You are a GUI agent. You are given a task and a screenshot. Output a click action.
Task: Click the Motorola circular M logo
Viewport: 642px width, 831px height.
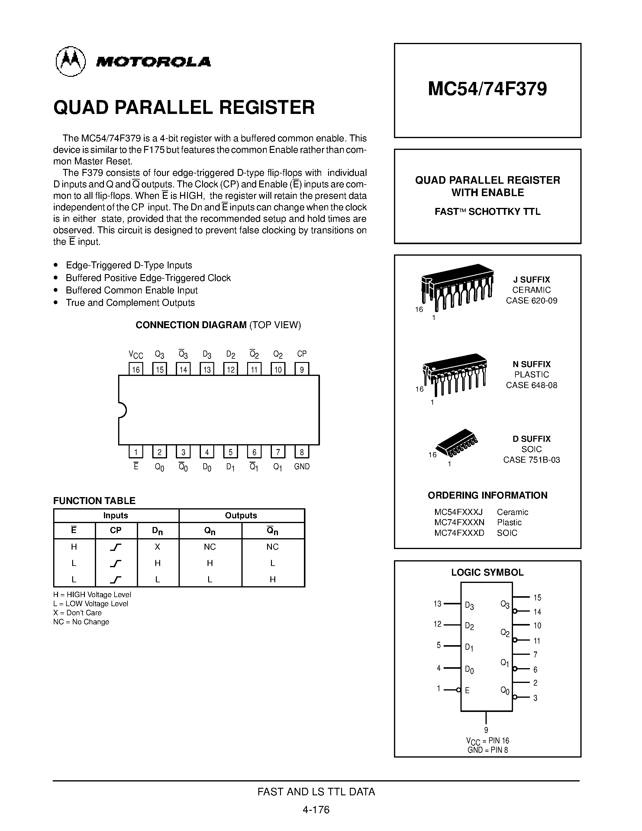coord(71,61)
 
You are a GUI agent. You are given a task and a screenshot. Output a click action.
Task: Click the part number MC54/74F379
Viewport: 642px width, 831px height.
coord(487,89)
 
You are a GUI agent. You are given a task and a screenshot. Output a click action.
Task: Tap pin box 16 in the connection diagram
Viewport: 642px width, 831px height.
coord(136,369)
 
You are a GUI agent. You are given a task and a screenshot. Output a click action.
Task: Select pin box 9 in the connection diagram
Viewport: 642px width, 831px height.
coord(302,369)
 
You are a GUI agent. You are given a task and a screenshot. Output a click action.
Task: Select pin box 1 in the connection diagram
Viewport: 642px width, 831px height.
coord(136,452)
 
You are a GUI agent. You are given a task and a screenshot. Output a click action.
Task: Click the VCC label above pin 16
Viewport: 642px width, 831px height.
coord(136,355)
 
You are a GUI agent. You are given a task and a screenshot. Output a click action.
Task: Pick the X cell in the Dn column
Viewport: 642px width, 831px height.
coord(157,547)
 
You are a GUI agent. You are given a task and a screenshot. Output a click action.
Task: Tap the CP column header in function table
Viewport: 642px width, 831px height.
coord(116,530)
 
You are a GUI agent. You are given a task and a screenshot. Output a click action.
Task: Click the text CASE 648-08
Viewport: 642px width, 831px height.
coord(531,385)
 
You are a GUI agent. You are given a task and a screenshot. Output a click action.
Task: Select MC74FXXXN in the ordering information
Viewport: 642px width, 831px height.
coord(459,522)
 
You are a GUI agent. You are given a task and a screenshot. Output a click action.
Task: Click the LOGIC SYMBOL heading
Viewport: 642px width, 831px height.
coord(487,572)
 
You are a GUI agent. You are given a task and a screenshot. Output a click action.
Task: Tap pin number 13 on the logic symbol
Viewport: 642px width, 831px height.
coord(437,604)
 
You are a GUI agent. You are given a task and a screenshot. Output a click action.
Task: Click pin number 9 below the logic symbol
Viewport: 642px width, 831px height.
coord(486,730)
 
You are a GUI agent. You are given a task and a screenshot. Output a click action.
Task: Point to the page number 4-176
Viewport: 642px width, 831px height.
coord(316,810)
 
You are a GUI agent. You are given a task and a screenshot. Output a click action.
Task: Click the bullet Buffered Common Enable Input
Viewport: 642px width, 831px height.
coord(132,290)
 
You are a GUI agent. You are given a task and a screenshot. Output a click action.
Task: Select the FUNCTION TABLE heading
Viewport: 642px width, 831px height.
coord(94,501)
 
